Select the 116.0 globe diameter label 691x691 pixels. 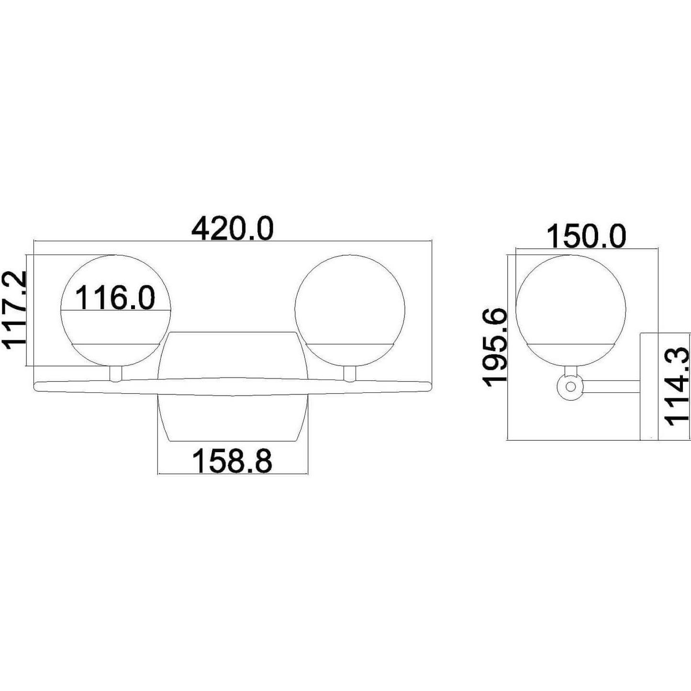coord(115,297)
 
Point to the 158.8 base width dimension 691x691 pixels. coord(232,461)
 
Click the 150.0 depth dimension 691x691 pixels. coord(586,236)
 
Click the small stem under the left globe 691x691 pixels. coord(115,374)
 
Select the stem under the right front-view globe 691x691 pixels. coord(350,374)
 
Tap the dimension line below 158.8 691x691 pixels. coord(232,474)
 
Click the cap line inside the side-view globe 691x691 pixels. coord(570,344)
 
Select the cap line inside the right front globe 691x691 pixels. coord(350,344)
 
